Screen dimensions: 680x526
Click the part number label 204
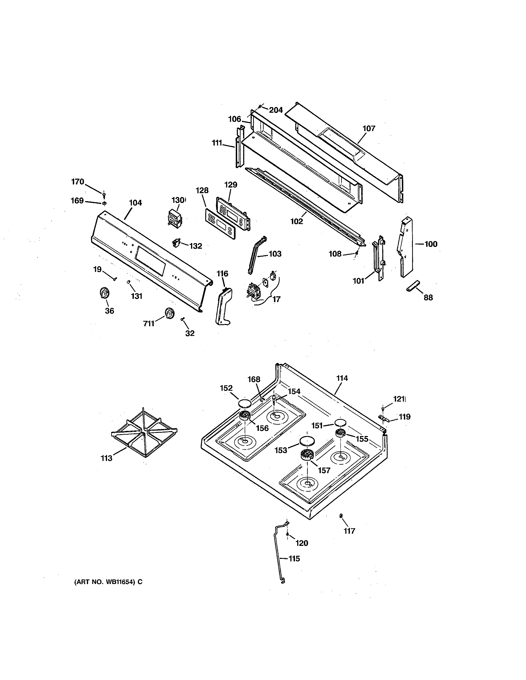click(x=276, y=110)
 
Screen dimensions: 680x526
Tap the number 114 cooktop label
click(x=342, y=378)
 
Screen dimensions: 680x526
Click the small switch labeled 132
click(x=177, y=243)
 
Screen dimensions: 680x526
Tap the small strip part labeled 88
click(x=413, y=286)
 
